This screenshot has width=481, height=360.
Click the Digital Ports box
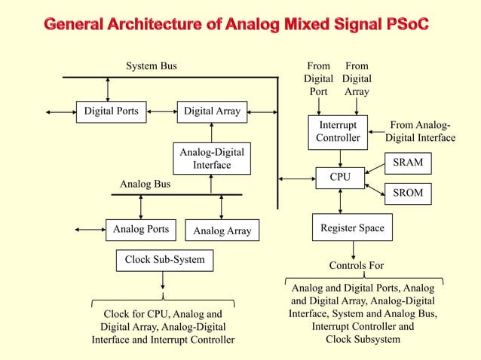[111, 111]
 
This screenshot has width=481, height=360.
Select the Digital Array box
[212, 111]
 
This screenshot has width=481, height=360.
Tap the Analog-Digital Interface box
[211, 159]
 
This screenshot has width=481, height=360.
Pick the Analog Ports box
[140, 228]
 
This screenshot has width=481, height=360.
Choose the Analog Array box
[222, 230]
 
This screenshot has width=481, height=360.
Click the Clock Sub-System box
[164, 260]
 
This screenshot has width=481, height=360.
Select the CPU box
[341, 178]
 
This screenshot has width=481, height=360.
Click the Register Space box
[352, 227]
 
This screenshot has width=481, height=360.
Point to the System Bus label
[151, 66]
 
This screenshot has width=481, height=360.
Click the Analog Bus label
[146, 184]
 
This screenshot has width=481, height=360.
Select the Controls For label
[357, 266]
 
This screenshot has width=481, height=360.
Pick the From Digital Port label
[318, 78]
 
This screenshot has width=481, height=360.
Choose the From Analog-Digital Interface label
[420, 132]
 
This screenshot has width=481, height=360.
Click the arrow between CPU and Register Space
[341, 201]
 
